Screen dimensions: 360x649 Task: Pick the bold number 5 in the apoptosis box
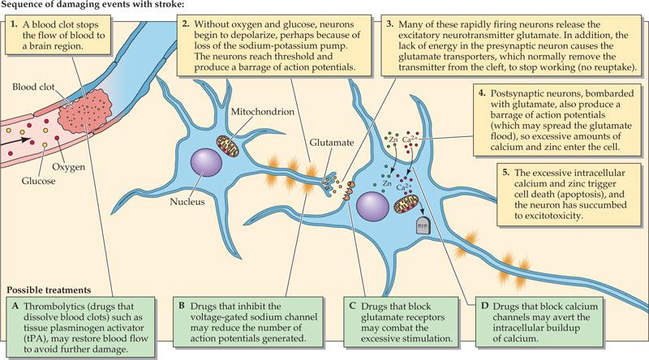[505, 174]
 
